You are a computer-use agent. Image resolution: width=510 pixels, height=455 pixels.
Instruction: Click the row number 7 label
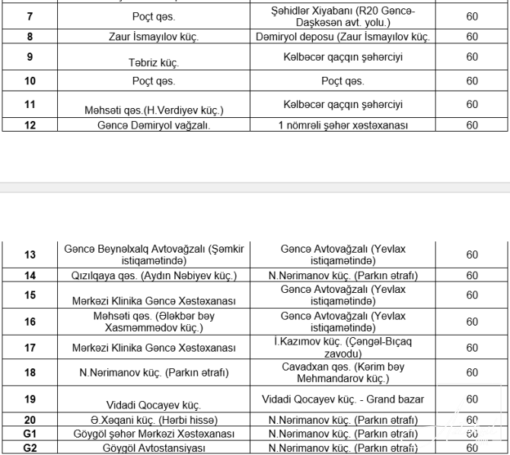30,14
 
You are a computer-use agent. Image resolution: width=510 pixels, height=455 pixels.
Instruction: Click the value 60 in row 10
472,81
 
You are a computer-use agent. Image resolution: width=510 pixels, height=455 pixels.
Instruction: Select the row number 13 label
30,255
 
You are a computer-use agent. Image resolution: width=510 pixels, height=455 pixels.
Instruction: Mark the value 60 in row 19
472,399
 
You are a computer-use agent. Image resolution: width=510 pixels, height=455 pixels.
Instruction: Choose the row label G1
30,434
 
